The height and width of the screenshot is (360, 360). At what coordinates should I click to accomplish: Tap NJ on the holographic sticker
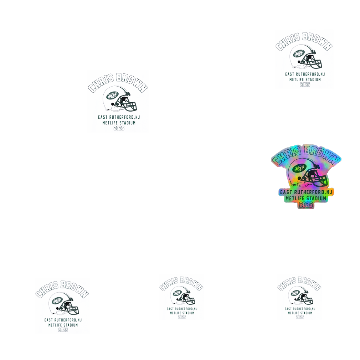pyautogui.click(x=329, y=192)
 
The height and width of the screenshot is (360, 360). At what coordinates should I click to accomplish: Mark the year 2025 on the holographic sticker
pyautogui.click(x=306, y=204)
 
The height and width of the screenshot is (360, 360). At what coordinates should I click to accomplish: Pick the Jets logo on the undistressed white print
pyautogui.click(x=113, y=95)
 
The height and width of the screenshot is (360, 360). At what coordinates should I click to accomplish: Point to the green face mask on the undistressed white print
pyautogui.click(x=130, y=105)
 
